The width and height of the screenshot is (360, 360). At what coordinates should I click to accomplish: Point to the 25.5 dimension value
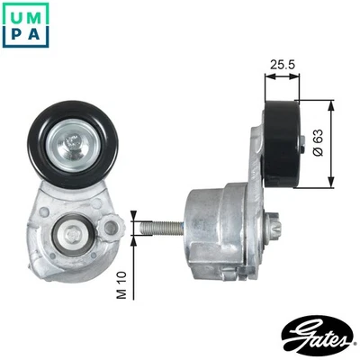point(283,65)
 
